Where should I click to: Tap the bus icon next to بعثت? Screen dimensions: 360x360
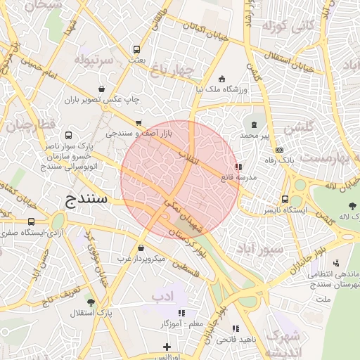136,50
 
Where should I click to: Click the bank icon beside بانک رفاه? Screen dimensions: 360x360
280,150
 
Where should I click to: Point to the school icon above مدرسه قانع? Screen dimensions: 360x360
239,167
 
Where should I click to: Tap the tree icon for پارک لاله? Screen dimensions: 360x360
352,205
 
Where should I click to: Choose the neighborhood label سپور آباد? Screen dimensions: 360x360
260,249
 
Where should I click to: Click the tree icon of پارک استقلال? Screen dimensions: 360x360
91,302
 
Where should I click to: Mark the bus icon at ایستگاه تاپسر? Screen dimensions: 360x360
285,199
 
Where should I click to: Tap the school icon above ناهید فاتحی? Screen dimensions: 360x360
236,328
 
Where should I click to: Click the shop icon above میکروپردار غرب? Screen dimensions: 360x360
141,248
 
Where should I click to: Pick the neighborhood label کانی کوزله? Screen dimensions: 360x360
288,27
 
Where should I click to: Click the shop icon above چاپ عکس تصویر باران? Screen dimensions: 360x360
102,89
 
